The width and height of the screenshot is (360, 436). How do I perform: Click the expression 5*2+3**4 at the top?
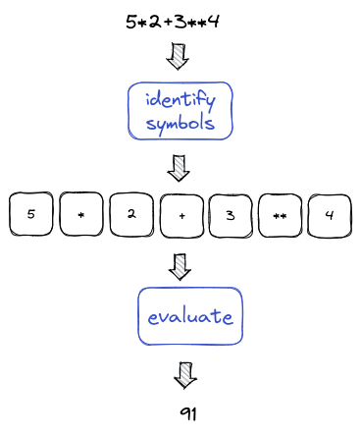click(173, 21)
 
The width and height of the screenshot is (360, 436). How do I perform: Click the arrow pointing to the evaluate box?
click(179, 265)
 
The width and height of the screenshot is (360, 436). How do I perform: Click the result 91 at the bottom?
click(188, 413)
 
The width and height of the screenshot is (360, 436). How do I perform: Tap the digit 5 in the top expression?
click(131, 21)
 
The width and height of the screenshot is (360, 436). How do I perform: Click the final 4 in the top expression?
click(214, 21)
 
